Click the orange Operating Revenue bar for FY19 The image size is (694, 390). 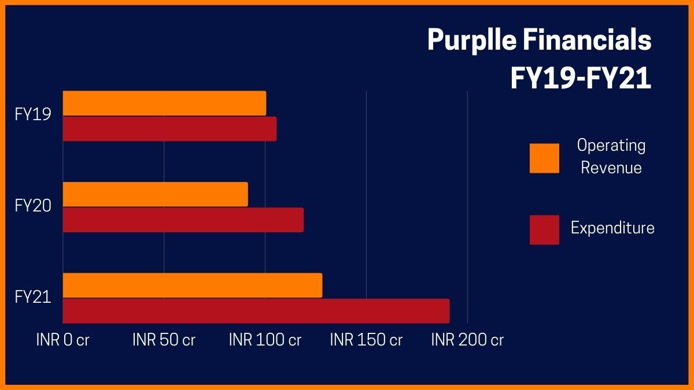(164, 103)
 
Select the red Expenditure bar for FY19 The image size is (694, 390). (169, 129)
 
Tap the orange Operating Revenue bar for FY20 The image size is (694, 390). (155, 194)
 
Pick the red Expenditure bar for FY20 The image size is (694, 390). (183, 220)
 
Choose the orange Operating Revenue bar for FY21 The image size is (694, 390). (192, 285)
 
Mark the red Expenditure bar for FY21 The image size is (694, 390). (256, 311)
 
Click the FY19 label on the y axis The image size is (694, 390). (33, 115)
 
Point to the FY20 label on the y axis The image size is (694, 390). (33, 206)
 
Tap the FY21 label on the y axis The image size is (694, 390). (33, 298)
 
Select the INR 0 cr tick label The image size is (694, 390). (62, 340)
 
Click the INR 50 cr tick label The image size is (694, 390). (164, 340)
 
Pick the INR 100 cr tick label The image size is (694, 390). (265, 340)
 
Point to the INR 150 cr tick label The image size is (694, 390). (366, 340)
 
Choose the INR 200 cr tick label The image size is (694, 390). (467, 340)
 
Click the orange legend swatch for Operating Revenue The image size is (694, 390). (544, 158)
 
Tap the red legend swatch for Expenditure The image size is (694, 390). (544, 230)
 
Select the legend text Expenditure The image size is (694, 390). (612, 228)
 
